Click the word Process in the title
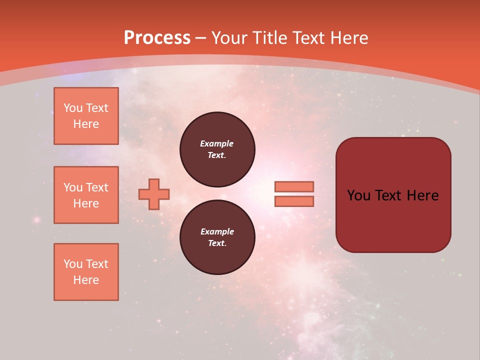157,38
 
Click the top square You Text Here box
86,116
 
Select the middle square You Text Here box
86,195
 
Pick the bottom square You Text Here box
86,272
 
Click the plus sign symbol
154,194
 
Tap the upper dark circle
217,149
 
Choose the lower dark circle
217,237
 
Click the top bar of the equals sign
294,186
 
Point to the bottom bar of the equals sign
294,201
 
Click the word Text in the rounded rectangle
387,195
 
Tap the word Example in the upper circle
217,143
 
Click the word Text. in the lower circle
217,243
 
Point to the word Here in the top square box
86,124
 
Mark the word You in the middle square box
73,187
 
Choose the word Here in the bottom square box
86,280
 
